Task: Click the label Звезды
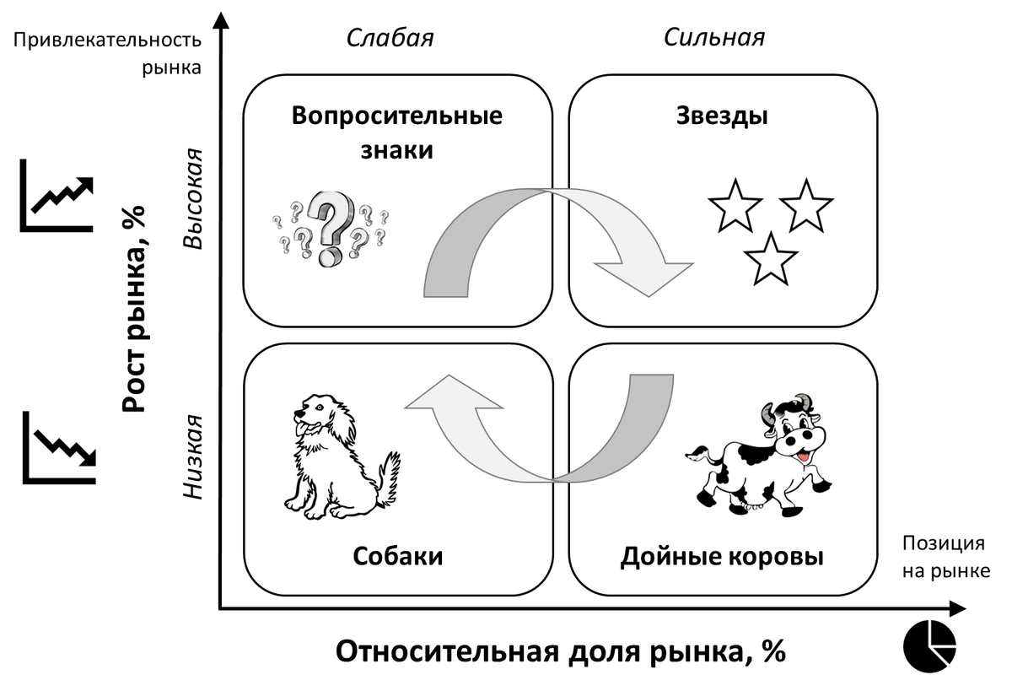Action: point(722,116)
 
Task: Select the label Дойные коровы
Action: point(722,557)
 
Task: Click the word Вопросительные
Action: point(397,116)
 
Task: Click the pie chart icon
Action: point(929,645)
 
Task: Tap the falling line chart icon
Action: point(57,447)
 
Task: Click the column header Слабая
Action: point(390,38)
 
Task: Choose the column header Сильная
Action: point(714,38)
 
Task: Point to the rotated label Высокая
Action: point(195,199)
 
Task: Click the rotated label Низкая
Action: point(195,456)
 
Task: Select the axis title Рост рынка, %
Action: point(135,308)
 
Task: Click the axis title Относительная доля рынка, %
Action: point(561,652)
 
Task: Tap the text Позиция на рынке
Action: point(945,558)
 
